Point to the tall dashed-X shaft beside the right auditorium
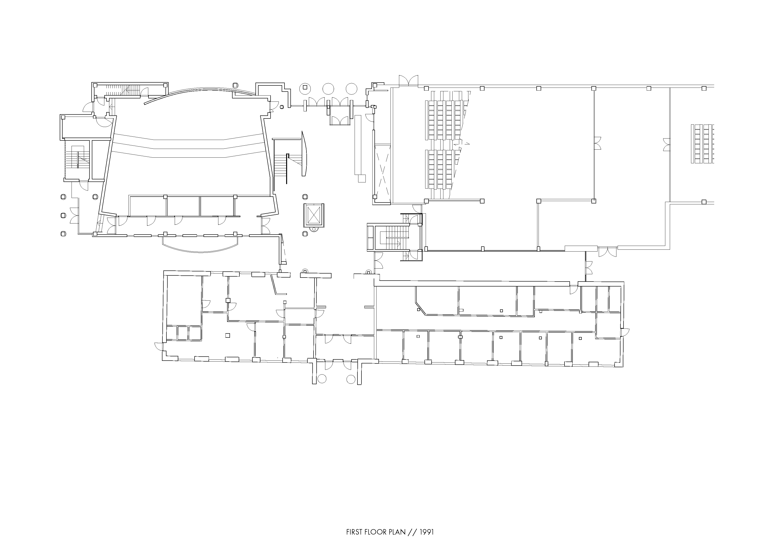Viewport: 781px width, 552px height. point(382,173)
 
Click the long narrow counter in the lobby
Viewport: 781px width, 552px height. point(358,146)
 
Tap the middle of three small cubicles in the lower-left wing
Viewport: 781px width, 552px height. point(183,333)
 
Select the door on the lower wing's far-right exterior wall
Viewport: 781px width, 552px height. point(625,332)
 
